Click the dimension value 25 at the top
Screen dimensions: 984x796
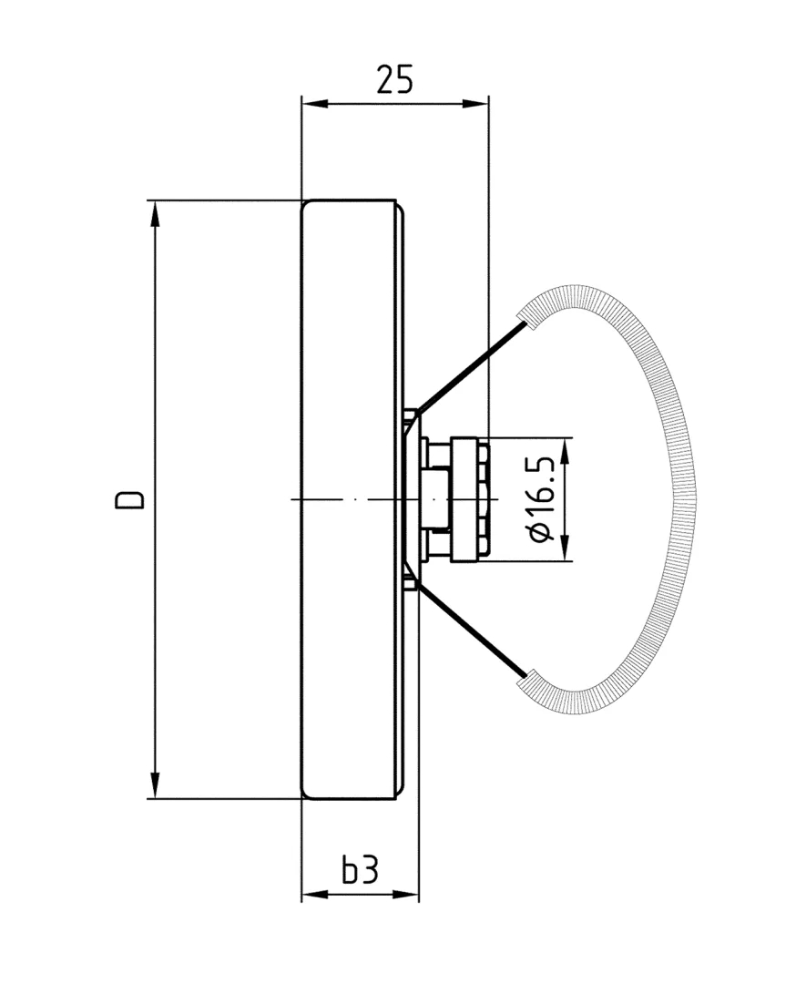point(394,80)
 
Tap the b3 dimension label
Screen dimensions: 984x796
point(360,871)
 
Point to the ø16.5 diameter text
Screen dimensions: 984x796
point(543,499)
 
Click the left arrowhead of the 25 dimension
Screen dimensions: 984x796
point(312,104)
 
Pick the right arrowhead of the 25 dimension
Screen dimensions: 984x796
point(477,104)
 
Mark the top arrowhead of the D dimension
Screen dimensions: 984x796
point(156,212)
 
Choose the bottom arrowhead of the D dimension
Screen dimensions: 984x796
point(156,786)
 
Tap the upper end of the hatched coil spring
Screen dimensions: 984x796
point(526,315)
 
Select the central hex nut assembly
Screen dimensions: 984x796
point(460,499)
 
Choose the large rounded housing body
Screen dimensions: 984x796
point(351,499)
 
